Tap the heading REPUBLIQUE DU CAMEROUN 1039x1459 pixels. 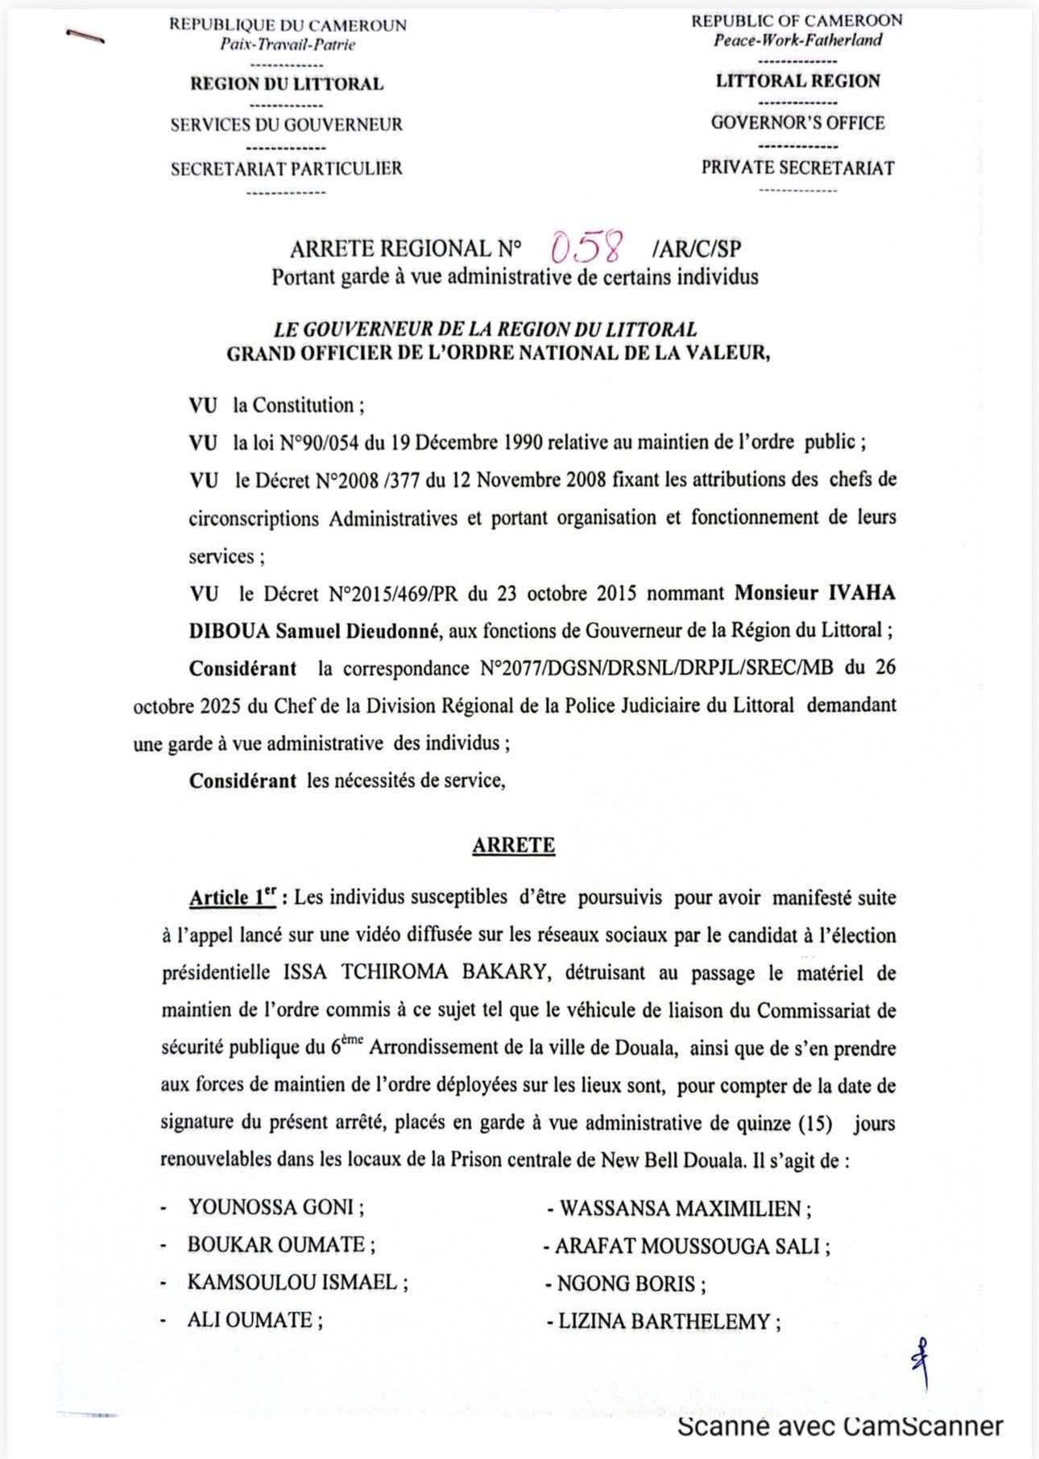[288, 25]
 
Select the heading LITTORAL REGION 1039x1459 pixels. [797, 81]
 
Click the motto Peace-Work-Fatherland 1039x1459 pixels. [797, 40]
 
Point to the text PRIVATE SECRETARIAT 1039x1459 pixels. [797, 168]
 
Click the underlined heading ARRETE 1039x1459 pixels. [513, 845]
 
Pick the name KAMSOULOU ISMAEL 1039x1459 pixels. [297, 1282]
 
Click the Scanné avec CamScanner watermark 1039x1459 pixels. [840, 1426]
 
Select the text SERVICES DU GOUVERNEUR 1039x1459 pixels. [286, 125]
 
